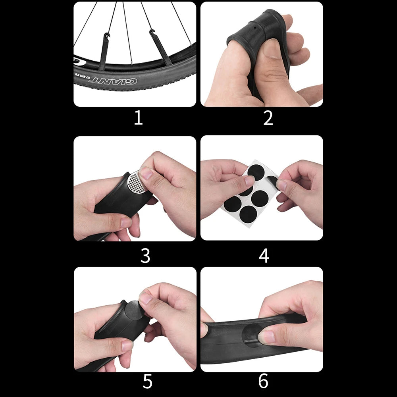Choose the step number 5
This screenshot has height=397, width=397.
click(x=147, y=382)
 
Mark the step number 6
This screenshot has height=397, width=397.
click(x=263, y=382)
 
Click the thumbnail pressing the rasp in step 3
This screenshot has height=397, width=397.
click(x=146, y=173)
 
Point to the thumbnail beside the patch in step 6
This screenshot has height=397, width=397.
click(x=266, y=337)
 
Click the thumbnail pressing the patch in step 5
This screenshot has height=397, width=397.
click(x=145, y=298)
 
